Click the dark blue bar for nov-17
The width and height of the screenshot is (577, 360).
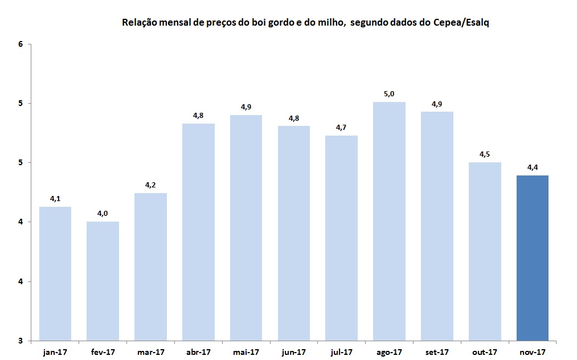click(x=532, y=257)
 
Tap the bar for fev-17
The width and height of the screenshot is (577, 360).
click(x=103, y=281)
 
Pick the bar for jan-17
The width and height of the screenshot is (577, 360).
click(x=55, y=273)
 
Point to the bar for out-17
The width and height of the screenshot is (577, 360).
click(x=485, y=251)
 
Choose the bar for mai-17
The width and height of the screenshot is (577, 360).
click(x=246, y=227)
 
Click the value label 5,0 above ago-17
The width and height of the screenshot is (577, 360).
click(x=389, y=93)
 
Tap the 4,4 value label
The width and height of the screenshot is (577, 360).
click(x=532, y=167)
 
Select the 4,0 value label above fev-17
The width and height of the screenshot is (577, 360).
click(x=103, y=213)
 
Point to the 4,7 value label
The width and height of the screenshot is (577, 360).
click(x=341, y=127)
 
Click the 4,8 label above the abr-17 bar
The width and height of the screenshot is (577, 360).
click(x=198, y=115)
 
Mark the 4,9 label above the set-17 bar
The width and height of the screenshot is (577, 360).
click(x=437, y=103)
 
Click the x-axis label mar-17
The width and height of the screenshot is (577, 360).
click(x=150, y=352)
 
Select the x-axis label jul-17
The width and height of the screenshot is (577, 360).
click(x=341, y=352)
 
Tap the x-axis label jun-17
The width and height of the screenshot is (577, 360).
click(x=294, y=352)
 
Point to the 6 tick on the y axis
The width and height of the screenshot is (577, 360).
click(x=21, y=44)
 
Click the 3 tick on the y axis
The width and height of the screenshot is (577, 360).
click(x=21, y=341)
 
